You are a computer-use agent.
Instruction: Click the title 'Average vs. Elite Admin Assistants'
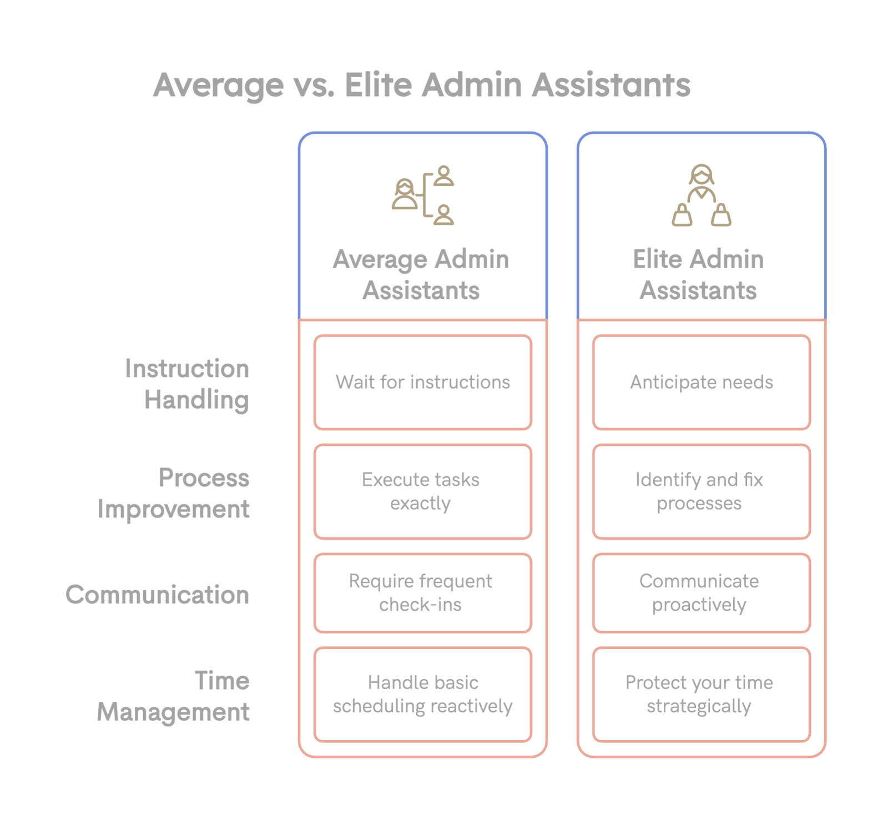point(422,85)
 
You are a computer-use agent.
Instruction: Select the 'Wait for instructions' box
point(423,382)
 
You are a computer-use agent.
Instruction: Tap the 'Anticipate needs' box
point(702,382)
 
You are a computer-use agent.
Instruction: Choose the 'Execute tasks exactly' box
point(423,491)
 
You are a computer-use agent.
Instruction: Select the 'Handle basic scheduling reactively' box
point(423,695)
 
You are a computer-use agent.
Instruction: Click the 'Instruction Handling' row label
point(188,384)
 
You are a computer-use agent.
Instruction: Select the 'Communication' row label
point(158,595)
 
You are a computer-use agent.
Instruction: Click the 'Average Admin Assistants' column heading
point(421,275)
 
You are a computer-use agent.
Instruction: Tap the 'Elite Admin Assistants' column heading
point(699,275)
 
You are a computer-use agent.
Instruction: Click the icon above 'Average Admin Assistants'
point(423,195)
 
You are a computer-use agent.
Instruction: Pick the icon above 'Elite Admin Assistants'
point(702,195)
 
